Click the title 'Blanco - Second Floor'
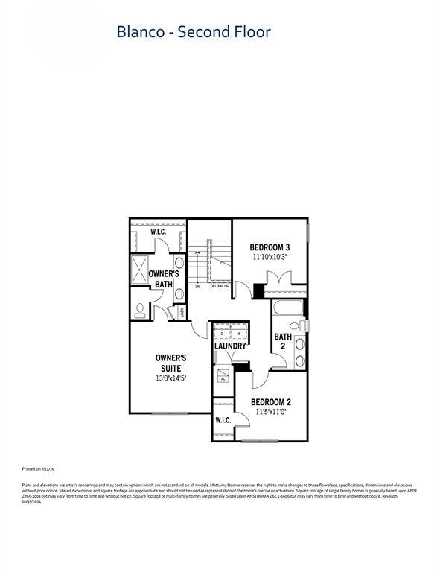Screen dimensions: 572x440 (x=193, y=32)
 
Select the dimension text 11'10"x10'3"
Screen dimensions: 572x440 (x=269, y=257)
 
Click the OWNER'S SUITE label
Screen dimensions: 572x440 (x=170, y=363)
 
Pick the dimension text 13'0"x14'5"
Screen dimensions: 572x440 (x=170, y=378)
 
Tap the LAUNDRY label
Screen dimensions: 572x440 (x=230, y=346)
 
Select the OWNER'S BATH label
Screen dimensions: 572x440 (x=163, y=279)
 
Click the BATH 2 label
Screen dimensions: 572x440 (x=283, y=341)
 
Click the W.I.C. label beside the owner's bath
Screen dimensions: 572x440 (x=158, y=232)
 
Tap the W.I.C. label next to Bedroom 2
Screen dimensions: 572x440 (x=223, y=421)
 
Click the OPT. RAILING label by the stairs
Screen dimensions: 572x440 (x=218, y=286)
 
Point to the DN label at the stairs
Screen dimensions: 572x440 (x=197, y=286)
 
